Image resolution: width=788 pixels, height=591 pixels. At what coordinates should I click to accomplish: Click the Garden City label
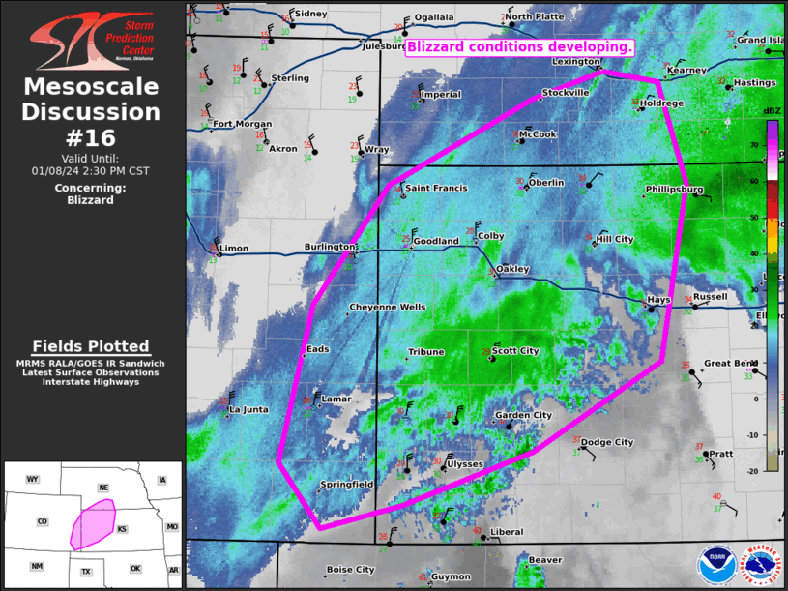(523, 416)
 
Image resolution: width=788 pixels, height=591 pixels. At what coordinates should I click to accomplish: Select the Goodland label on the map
(435, 241)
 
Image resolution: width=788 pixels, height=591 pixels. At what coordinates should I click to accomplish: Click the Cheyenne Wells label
(387, 307)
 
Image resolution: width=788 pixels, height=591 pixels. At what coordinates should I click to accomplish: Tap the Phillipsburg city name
(674, 190)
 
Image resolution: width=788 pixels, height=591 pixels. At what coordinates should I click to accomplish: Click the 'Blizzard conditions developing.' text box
(520, 46)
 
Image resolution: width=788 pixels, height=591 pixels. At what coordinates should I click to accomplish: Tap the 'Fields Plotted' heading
(91, 346)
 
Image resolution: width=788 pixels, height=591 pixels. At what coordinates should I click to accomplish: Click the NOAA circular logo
(716, 566)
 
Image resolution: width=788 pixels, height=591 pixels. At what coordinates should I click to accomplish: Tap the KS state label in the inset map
(122, 529)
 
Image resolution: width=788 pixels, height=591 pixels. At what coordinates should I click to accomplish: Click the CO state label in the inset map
(42, 521)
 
